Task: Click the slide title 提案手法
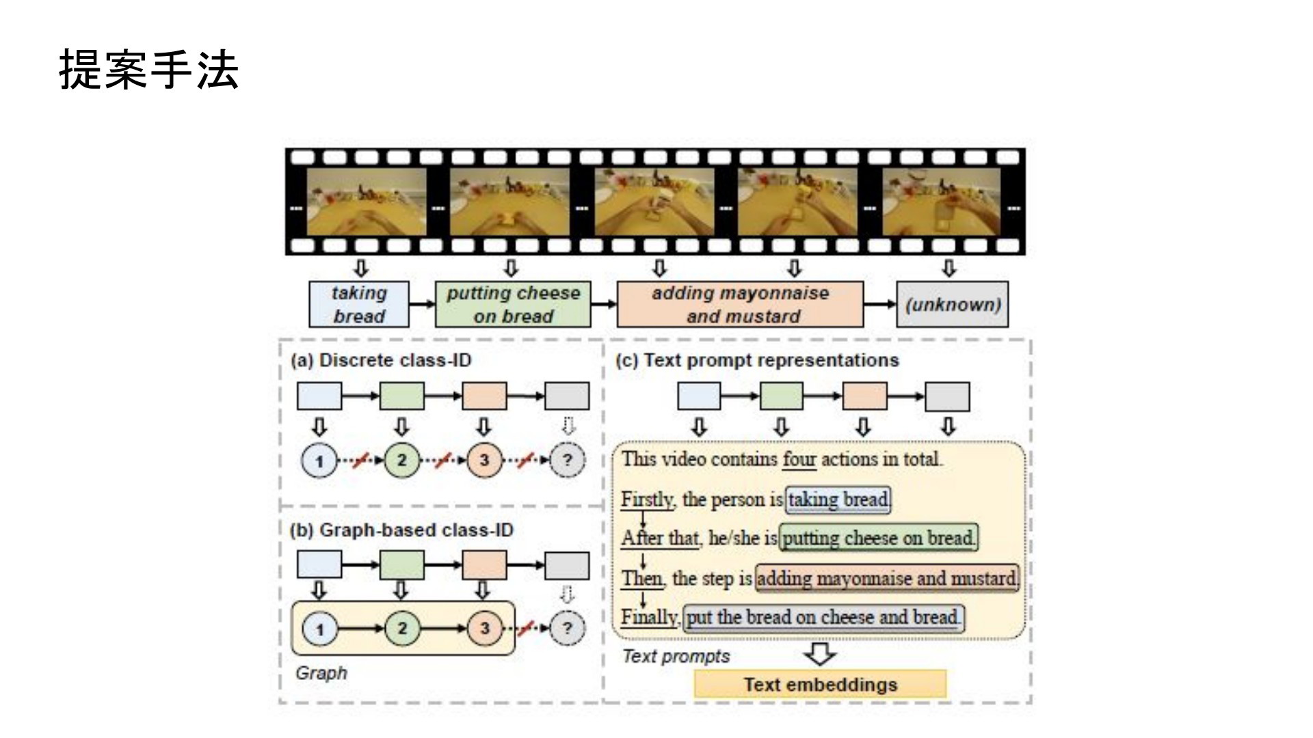coord(148,70)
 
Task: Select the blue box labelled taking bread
coord(359,305)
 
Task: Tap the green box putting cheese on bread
coord(513,305)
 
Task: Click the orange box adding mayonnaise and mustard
coord(740,305)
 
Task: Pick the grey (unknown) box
coord(953,305)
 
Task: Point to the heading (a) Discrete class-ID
coord(381,360)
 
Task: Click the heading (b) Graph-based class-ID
coord(401,530)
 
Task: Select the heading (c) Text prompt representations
coord(757,360)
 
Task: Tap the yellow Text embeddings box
coord(820,685)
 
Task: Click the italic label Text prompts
coord(676,657)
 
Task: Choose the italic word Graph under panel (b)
coord(321,673)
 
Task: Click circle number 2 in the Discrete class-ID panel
coord(401,461)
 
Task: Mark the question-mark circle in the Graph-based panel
coord(567,629)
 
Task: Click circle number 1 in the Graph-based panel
coord(319,629)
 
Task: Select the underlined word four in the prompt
coord(799,459)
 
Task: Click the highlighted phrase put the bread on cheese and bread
coord(823,618)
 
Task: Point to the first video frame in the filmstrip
coord(367,202)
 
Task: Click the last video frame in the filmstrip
coord(942,202)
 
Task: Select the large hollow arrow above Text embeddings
coord(820,653)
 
